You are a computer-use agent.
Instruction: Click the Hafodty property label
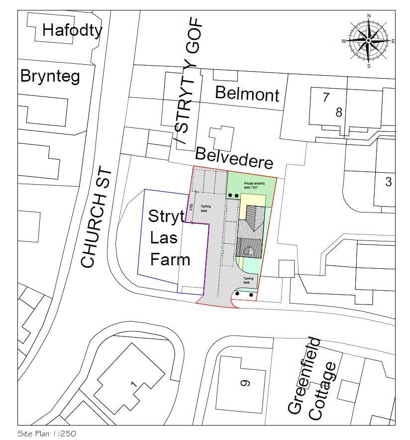coord(72,30)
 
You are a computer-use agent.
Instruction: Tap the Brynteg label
coord(50,77)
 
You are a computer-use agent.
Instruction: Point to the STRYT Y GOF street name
coord(189,82)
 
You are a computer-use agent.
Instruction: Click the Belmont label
coord(247,93)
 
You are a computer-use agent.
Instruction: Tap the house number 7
coord(326,97)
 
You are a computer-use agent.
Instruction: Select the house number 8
coord(339,112)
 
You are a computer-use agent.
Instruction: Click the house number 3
coord(388,182)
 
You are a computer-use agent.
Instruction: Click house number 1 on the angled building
coord(133,384)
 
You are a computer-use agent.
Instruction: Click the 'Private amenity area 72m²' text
coord(252,186)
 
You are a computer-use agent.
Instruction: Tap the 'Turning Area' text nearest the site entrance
coord(248,280)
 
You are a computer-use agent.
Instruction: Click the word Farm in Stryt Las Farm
coord(170,259)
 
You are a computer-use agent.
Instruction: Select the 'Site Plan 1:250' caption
coord(47,434)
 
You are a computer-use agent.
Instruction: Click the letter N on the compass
coord(369,16)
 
